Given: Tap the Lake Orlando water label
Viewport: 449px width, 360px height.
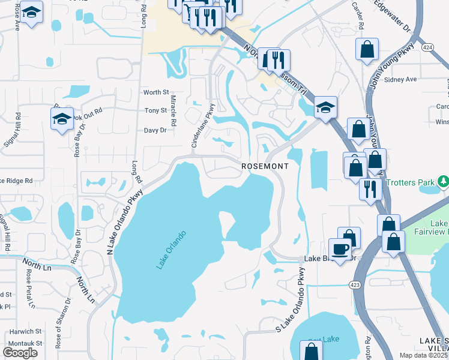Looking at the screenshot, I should coord(173,250).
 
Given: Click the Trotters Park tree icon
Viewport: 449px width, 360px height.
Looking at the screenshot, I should coord(443,181).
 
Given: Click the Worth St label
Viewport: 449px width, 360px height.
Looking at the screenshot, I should coord(156,92).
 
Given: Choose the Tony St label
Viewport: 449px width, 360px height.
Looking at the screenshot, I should coord(156,111).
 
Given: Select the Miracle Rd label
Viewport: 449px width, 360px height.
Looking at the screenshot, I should coord(173,110).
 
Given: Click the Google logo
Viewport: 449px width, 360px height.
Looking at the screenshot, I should coord(20,353).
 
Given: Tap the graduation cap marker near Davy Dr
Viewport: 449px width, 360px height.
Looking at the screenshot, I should coord(62,119).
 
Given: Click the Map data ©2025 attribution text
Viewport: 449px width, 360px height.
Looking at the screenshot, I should coord(423,355).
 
